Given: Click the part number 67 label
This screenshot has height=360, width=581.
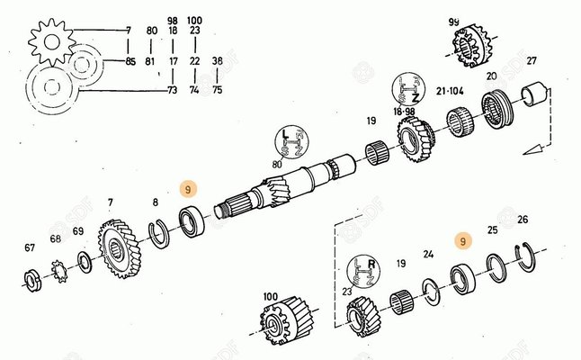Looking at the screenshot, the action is pyautogui.click(x=30, y=247).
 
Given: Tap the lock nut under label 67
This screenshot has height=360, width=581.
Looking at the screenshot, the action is pyautogui.click(x=32, y=282).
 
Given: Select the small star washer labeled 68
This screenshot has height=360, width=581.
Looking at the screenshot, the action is pyautogui.click(x=59, y=272).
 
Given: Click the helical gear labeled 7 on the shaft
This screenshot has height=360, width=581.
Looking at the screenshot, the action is pyautogui.click(x=120, y=248).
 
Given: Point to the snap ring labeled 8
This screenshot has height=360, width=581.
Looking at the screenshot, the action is pyautogui.click(x=158, y=234).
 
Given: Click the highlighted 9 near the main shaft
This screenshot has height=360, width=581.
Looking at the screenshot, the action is pyautogui.click(x=188, y=190).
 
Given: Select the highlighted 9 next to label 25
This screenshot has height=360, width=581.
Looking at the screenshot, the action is pyautogui.click(x=463, y=242).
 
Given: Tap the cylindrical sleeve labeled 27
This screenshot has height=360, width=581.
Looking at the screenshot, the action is pyautogui.click(x=534, y=95).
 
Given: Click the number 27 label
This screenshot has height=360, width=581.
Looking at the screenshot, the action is pyautogui.click(x=532, y=61).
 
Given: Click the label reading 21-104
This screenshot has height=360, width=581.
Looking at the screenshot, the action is pyautogui.click(x=450, y=91).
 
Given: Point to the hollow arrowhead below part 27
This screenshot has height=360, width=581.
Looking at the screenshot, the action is pyautogui.click(x=532, y=149).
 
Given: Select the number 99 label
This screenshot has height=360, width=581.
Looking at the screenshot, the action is pyautogui.click(x=454, y=22).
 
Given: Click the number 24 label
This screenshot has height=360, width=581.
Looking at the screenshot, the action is pyautogui.click(x=428, y=255).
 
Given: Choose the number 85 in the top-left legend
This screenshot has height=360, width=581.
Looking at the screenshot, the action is pyautogui.click(x=130, y=61).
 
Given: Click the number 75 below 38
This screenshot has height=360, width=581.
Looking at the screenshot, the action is pyautogui.click(x=217, y=90).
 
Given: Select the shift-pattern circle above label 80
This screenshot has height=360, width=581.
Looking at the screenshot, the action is pyautogui.click(x=290, y=142).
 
